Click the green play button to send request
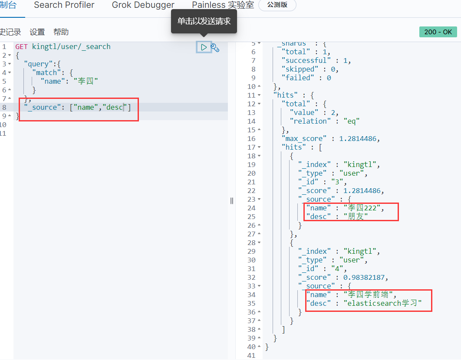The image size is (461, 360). (x=204, y=47)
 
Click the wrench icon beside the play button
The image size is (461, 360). (x=215, y=48)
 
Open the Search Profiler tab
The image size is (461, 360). (x=64, y=5)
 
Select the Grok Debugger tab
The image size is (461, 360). (x=143, y=5)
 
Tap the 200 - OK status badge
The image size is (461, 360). (x=438, y=32)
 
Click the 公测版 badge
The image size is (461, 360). (x=277, y=5)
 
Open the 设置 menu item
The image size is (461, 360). (x=37, y=32)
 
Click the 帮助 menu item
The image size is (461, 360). (x=61, y=32)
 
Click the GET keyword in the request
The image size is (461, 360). (x=21, y=47)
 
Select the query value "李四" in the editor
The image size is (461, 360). (x=86, y=81)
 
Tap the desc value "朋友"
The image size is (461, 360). (x=356, y=216)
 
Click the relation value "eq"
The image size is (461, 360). (x=351, y=121)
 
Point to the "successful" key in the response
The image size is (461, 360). (x=306, y=61)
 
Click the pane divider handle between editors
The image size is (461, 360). (x=232, y=201)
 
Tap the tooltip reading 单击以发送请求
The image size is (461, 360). (x=204, y=21)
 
